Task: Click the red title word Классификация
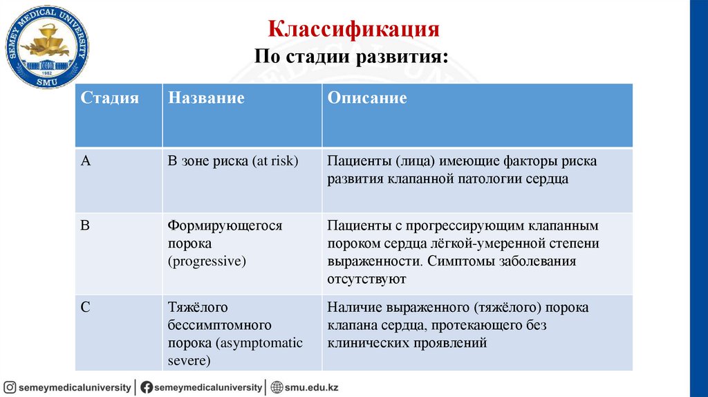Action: coord(354,30)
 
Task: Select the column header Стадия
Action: coord(110,98)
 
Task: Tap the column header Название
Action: coord(206,98)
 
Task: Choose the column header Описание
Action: coord(366,98)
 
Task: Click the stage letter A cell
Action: coord(86,161)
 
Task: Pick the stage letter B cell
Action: coord(86,225)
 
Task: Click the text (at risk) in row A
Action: coord(275,161)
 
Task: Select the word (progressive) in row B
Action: coord(207,261)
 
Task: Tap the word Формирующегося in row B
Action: coord(225,225)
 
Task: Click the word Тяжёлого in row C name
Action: coord(198,307)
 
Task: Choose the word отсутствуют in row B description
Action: coord(366,279)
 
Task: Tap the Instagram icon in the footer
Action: coord(10,387)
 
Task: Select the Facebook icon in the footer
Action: coord(147,387)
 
